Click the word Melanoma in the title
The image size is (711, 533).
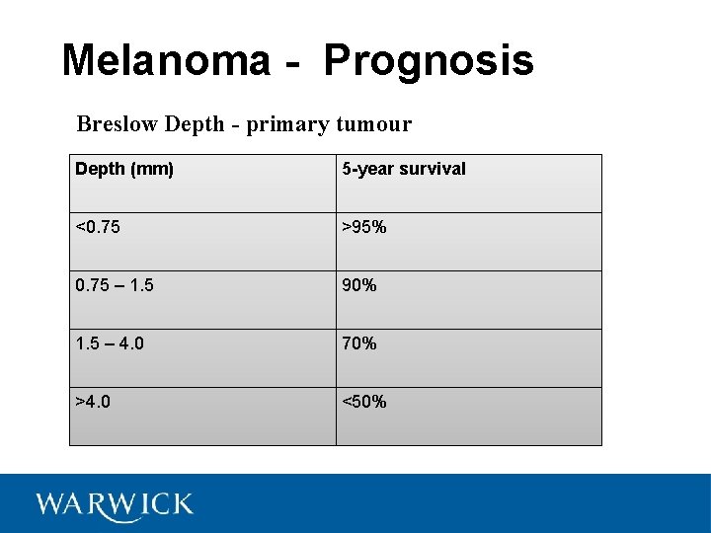click(x=165, y=60)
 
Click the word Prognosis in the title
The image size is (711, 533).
click(x=429, y=60)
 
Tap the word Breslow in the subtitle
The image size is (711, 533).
click(x=118, y=124)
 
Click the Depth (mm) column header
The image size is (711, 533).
click(x=124, y=169)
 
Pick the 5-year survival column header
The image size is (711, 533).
click(x=404, y=169)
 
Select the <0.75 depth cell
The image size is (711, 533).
click(x=98, y=227)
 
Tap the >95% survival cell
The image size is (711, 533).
click(x=364, y=227)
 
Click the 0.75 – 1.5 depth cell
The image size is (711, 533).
click(x=114, y=285)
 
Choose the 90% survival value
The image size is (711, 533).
click(x=359, y=285)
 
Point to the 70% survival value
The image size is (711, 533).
click(x=359, y=343)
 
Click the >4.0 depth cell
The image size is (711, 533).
click(x=93, y=402)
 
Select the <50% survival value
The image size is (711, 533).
click(x=364, y=402)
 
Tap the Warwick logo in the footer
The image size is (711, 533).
click(x=115, y=505)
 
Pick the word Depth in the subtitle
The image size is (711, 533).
click(x=196, y=125)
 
